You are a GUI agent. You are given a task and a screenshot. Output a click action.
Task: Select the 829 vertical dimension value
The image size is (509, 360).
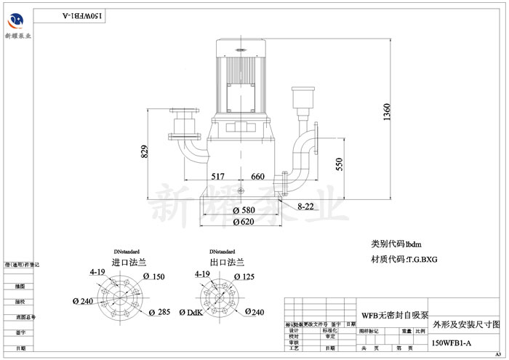point(145,151)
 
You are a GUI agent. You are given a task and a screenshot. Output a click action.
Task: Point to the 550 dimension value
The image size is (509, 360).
point(338,165)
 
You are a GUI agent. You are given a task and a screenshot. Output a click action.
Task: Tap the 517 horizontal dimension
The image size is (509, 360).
point(219,177)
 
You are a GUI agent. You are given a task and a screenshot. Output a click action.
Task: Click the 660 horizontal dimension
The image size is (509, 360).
point(257,177)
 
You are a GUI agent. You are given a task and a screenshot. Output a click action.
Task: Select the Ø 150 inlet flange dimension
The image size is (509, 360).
point(154,276)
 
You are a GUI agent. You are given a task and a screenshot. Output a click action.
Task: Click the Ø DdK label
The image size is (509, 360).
point(191,313)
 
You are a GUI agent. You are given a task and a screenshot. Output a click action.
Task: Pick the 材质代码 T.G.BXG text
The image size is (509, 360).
point(404,259)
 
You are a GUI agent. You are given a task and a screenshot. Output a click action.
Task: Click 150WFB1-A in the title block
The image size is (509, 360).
point(452,343)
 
